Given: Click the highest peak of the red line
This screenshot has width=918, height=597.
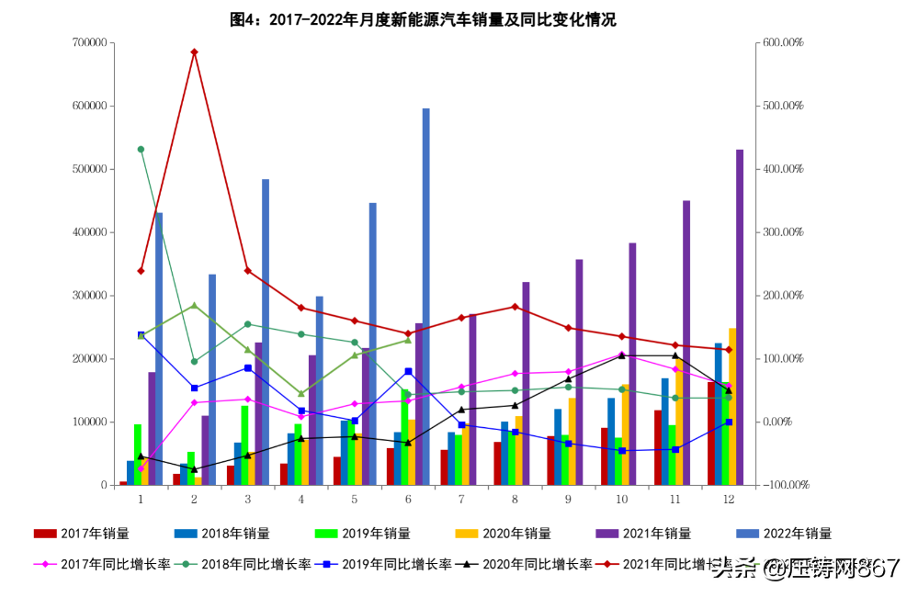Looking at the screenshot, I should click(194, 52).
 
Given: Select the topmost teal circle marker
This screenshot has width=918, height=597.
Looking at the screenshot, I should click(141, 149).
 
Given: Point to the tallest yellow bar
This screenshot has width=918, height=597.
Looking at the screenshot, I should click(732, 404).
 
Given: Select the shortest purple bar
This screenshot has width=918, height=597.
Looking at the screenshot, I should click(205, 449).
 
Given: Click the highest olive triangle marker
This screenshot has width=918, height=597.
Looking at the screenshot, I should click(194, 305).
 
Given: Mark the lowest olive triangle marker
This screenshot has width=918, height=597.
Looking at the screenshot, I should click(300, 394).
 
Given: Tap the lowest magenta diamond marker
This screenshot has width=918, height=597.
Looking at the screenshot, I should click(141, 468).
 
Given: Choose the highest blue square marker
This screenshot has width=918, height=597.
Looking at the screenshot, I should click(141, 334).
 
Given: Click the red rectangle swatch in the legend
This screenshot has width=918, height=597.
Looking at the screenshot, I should click(45, 533).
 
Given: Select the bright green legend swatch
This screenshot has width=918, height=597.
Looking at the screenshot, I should click(326, 533).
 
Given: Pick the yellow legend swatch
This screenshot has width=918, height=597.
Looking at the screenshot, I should click(466, 533).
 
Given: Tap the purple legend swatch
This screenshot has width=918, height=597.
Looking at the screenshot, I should click(607, 533).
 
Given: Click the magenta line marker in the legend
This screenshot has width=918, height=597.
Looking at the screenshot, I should click(45, 564).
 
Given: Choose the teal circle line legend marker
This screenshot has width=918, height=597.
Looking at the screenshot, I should click(186, 564).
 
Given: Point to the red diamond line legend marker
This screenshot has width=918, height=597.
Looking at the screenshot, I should click(606, 564).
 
